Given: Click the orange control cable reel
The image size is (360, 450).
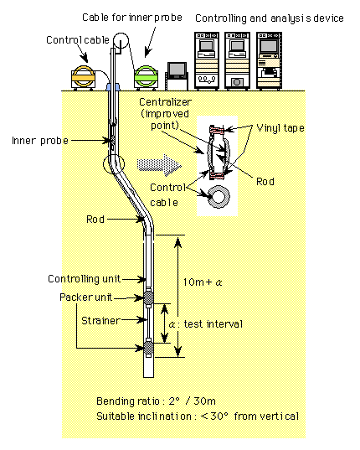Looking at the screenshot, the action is pyautogui.click(x=83, y=77).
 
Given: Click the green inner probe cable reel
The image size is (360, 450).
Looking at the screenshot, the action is pyautogui.click(x=147, y=77).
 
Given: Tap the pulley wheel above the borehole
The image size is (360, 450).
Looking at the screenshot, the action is pyautogui.click(x=121, y=40).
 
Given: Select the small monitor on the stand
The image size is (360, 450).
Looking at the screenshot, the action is pyautogui.click(x=177, y=76).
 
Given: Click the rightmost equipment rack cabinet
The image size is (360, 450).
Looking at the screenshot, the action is pyautogui.click(x=269, y=60).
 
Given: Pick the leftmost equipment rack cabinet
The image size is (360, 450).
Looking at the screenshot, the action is pyautogui.click(x=207, y=60).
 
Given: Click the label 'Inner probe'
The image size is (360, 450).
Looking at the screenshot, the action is pyautogui.click(x=40, y=141).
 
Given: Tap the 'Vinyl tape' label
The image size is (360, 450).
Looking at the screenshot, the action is pyautogui.click(x=280, y=128).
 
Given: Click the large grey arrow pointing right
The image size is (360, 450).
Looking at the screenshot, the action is pyautogui.click(x=159, y=165).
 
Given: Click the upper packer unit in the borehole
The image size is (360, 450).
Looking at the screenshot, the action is pyautogui.click(x=148, y=297).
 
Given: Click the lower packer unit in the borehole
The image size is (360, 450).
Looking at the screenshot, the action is pyautogui.click(x=148, y=348).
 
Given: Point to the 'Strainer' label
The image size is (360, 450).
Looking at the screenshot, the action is pyautogui.click(x=100, y=321).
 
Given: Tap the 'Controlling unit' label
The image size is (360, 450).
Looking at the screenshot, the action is pyautogui.click(x=85, y=279).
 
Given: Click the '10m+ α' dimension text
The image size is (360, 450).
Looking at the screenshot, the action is pyautogui.click(x=203, y=282).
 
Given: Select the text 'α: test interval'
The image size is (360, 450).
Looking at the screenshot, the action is pyautogui.click(x=205, y=324).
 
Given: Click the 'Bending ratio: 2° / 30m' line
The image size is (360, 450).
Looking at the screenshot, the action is pyautogui.click(x=156, y=401).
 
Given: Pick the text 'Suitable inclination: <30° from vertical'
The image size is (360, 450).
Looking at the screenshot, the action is pyautogui.click(x=198, y=416).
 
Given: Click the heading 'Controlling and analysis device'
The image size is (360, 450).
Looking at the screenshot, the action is pyautogui.click(x=270, y=18).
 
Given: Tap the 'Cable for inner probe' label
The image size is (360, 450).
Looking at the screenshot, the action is pyautogui.click(x=132, y=18).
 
